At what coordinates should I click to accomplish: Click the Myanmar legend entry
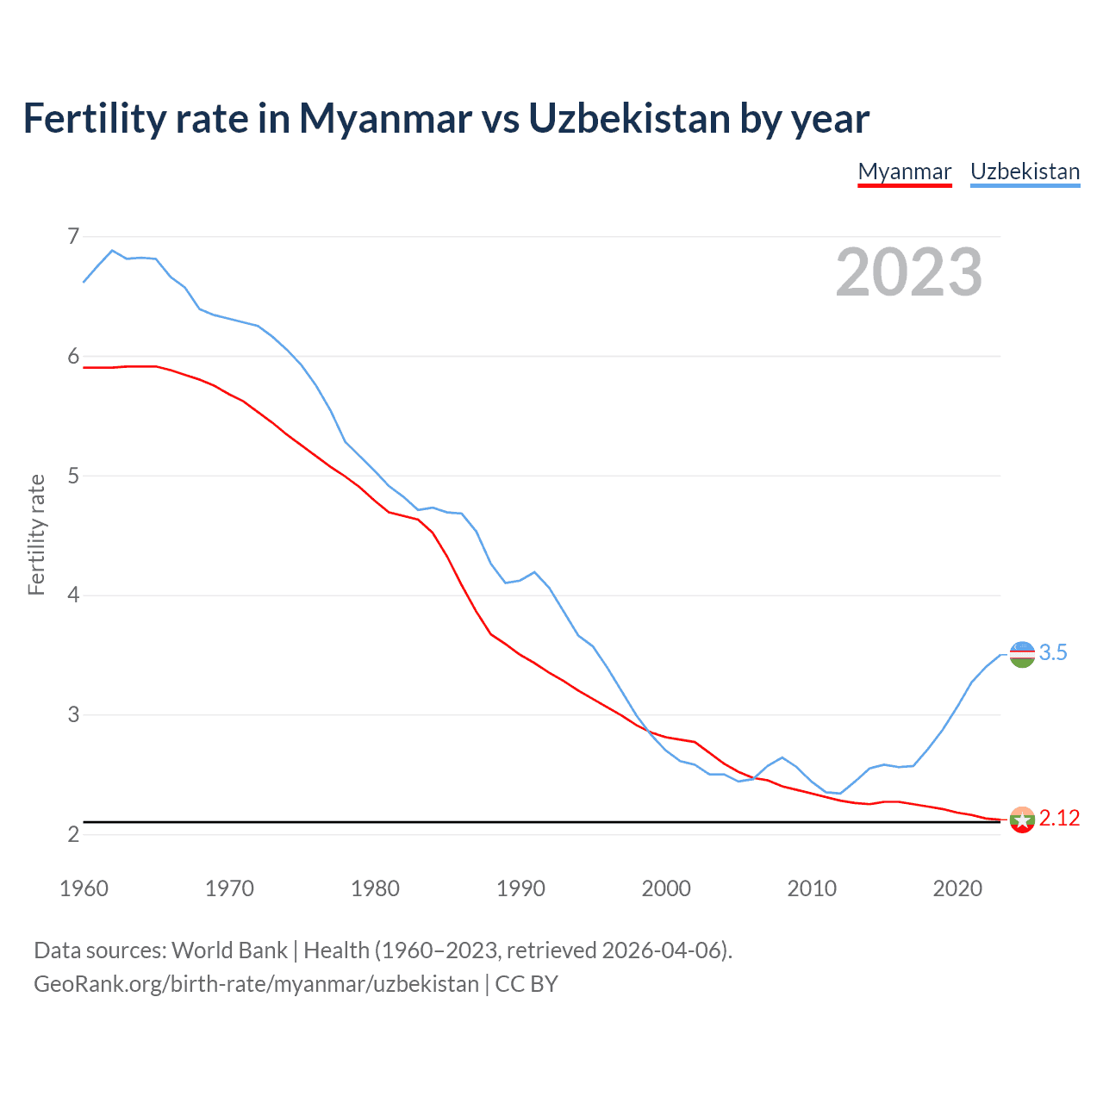click(905, 171)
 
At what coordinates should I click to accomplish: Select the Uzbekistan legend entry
click(1025, 171)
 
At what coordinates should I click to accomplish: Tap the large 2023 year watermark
click(909, 272)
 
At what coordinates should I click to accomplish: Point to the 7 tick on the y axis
click(73, 236)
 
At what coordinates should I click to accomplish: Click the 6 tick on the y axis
click(73, 356)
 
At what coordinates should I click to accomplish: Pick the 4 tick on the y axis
click(73, 595)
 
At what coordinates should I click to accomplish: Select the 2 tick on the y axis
click(73, 834)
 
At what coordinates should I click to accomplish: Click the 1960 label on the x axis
click(84, 888)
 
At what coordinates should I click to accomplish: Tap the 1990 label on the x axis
click(520, 888)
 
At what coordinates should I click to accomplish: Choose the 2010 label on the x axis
click(812, 888)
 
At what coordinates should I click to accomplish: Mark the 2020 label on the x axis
click(957, 888)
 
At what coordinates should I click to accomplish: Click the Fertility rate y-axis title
click(36, 534)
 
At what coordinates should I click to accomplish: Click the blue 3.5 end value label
click(1053, 653)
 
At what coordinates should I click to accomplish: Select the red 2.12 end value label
click(1059, 819)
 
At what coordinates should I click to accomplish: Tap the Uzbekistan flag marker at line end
click(1022, 655)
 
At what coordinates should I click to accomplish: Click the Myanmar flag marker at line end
click(1022, 819)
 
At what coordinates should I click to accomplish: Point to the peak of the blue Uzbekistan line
click(112, 251)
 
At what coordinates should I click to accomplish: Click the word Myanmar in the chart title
click(385, 118)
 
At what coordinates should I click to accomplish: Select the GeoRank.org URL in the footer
click(256, 984)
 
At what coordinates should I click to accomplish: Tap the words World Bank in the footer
click(229, 950)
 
